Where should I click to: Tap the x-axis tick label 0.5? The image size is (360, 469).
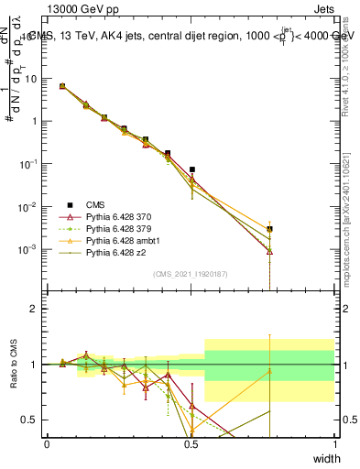(191, 443)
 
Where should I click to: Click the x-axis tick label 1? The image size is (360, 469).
(335, 443)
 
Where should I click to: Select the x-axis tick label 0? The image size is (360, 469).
(47, 443)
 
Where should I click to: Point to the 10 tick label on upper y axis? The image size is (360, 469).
(30, 79)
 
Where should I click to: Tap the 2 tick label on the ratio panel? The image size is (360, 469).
(34, 310)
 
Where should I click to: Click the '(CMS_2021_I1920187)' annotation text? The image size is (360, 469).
(191, 273)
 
